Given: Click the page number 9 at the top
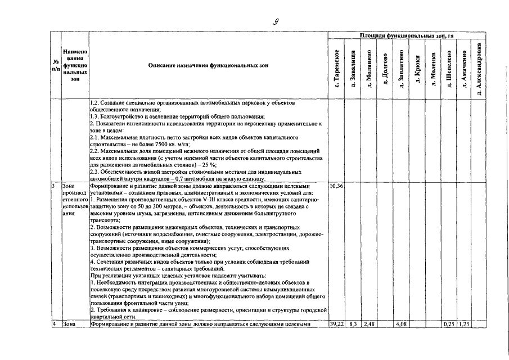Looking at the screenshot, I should [x=276, y=22].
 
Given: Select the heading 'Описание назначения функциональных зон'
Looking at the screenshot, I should [x=209, y=65].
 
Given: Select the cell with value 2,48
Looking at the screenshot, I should [x=368, y=324].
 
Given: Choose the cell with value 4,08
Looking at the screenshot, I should [x=401, y=324].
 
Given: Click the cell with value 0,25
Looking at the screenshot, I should [x=449, y=324].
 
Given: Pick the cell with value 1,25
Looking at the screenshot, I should [x=464, y=324].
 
